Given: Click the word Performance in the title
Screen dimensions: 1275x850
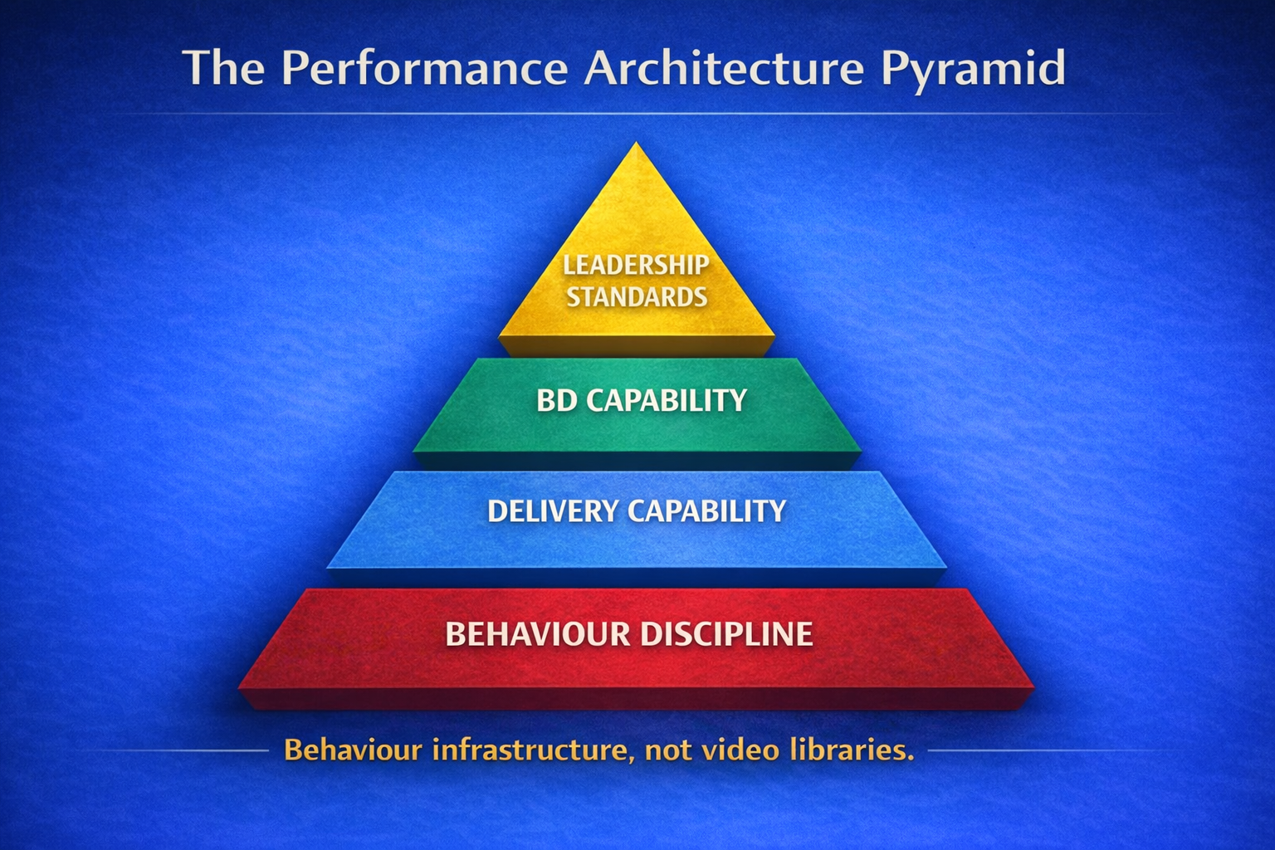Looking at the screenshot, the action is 424,68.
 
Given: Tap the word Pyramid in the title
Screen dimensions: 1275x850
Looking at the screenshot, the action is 973,70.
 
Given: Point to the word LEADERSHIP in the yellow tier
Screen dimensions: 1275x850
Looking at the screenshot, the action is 637,265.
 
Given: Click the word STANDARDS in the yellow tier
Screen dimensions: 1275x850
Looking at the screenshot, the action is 637,297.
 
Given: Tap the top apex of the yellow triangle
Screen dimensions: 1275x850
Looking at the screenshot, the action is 637,144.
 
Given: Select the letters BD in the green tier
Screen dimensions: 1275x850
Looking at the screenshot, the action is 557,401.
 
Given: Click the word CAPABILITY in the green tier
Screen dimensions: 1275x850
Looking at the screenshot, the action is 667,401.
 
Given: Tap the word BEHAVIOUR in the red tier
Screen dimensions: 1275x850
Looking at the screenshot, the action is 537,634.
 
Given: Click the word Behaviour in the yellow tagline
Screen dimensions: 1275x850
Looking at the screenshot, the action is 353,750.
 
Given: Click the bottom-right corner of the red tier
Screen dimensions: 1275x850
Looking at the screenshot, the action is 1034,689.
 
